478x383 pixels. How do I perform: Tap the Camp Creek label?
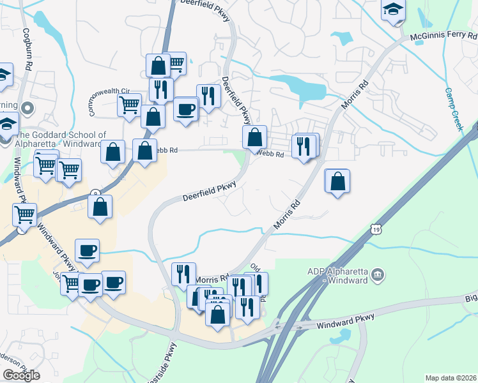coord(453,109)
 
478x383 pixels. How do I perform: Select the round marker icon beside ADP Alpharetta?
coord(378,274)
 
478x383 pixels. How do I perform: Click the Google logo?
coord(21,375)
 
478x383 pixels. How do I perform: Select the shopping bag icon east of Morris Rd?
coord(337,181)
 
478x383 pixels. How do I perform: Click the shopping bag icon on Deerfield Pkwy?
coord(254,137)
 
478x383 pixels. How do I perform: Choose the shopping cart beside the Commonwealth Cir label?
coord(130,103)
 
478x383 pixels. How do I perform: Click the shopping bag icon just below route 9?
coord(100,207)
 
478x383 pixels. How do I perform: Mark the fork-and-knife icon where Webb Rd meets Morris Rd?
coord(304,146)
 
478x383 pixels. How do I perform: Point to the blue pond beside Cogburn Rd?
coord(44,22)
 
